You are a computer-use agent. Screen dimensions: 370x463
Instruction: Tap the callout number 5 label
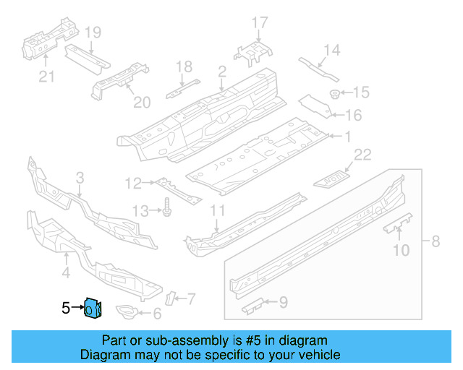(x=65, y=309)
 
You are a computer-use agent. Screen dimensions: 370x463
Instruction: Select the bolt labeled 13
(x=167, y=208)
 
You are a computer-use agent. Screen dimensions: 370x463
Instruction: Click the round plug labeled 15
(x=335, y=94)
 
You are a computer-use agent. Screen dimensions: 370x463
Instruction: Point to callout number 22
(x=362, y=153)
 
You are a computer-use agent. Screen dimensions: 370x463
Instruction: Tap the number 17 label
(x=259, y=25)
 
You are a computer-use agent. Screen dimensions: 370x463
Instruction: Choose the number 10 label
(x=401, y=251)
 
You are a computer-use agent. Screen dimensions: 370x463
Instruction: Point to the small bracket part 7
(x=171, y=298)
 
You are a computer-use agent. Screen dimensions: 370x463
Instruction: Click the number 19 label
(x=93, y=33)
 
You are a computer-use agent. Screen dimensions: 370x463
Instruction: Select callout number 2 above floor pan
(x=221, y=72)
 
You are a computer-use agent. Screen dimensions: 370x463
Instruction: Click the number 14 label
(x=331, y=50)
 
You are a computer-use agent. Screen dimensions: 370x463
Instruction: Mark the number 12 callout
(x=132, y=184)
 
